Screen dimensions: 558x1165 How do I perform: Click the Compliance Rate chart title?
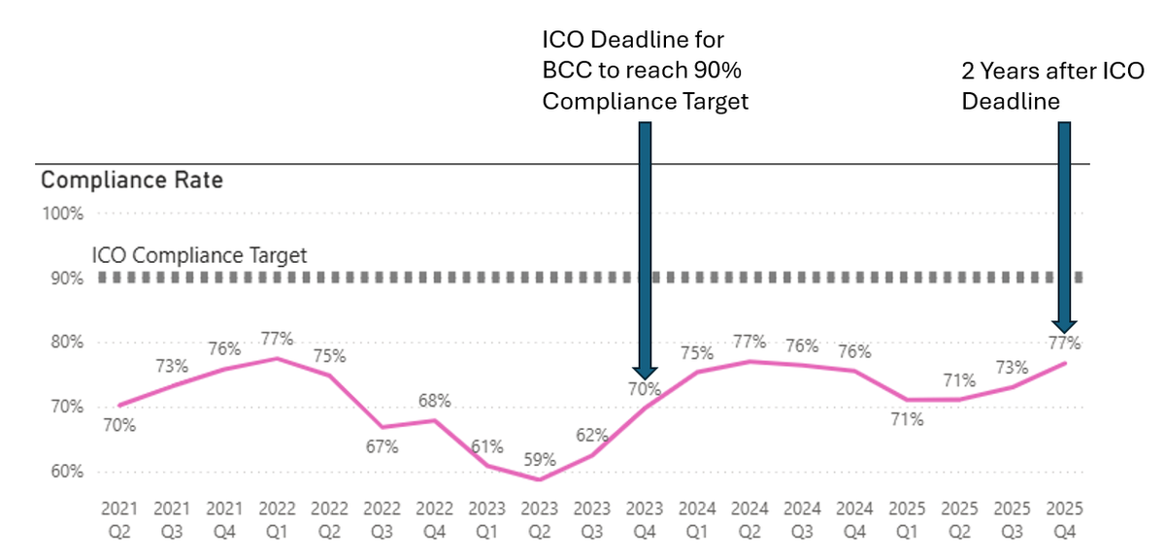click(x=131, y=181)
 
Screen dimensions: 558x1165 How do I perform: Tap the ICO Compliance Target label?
click(x=199, y=255)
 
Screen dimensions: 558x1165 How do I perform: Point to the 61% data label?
click(x=487, y=446)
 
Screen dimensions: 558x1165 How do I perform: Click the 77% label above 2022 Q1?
click(x=278, y=339)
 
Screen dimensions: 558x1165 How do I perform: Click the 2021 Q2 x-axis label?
click(x=120, y=519)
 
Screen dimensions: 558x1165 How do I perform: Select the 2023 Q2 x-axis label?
click(x=540, y=519)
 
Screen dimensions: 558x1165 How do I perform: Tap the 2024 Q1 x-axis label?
click(x=697, y=519)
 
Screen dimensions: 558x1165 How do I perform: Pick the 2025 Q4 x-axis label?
click(x=1064, y=519)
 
